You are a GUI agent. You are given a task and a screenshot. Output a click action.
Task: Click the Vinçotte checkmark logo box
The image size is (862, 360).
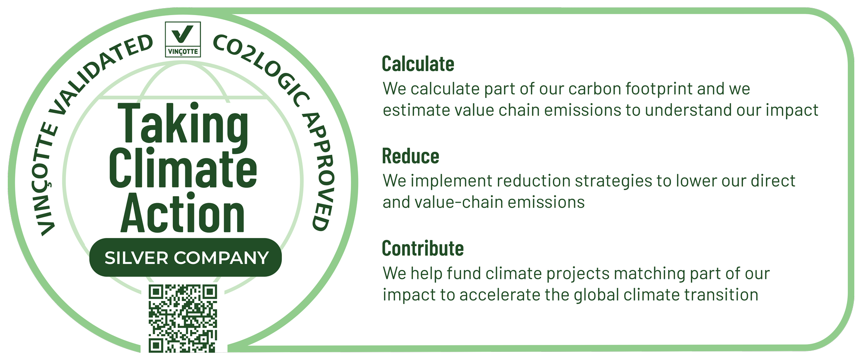click(183, 39)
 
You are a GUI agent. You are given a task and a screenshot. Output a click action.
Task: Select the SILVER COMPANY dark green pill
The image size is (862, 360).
click(185, 257)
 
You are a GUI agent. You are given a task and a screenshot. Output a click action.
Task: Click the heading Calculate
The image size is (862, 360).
click(418, 64)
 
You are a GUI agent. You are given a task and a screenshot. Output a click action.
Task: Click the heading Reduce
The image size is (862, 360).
click(410, 156)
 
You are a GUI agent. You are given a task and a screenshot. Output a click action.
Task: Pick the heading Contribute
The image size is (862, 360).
click(422, 248)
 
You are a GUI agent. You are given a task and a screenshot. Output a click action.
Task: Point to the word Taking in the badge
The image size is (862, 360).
click(183, 125)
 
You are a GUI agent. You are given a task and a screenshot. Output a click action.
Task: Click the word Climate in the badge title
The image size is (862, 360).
click(183, 169)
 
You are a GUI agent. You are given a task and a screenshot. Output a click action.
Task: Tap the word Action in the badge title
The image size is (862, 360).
click(183, 213)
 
